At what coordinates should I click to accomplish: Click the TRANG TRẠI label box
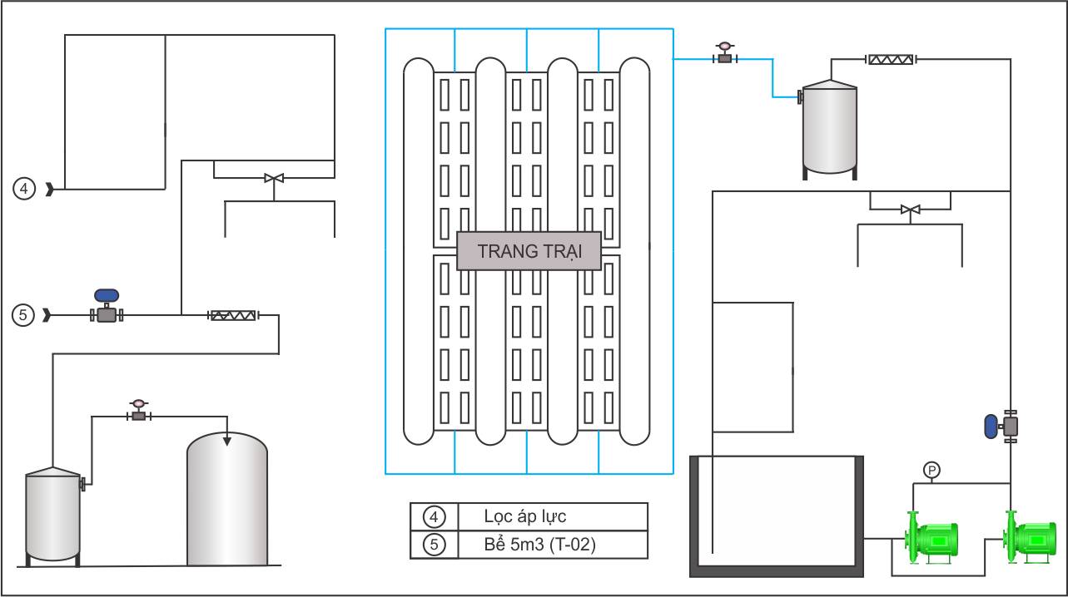(529, 251)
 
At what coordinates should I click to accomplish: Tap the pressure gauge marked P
(931, 471)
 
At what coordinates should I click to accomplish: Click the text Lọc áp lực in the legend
(525, 516)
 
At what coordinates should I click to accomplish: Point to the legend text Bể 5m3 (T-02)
(539, 544)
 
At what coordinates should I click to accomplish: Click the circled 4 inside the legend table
(434, 516)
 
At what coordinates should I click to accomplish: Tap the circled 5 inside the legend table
(434, 544)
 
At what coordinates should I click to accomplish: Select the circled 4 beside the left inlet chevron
(24, 189)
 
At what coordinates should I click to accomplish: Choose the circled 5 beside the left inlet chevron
(22, 314)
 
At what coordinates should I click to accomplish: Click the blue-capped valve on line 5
(107, 306)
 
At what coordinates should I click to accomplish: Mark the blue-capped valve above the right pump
(1001, 426)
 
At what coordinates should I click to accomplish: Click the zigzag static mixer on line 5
(233, 315)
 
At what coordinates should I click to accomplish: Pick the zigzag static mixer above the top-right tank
(892, 60)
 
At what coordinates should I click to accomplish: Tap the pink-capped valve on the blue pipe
(725, 53)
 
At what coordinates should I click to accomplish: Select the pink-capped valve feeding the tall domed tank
(139, 411)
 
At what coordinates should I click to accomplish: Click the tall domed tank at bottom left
(227, 499)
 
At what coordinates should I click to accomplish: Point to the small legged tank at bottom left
(53, 516)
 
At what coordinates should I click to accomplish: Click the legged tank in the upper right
(830, 130)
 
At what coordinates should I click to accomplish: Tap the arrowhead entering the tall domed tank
(227, 441)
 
